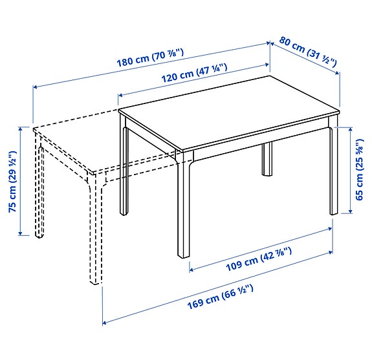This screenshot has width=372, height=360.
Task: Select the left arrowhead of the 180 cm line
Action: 35,86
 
